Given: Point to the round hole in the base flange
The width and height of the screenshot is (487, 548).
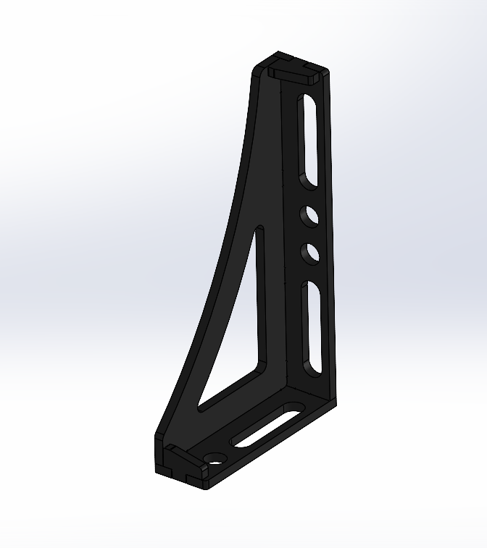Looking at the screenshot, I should [x=215, y=458].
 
